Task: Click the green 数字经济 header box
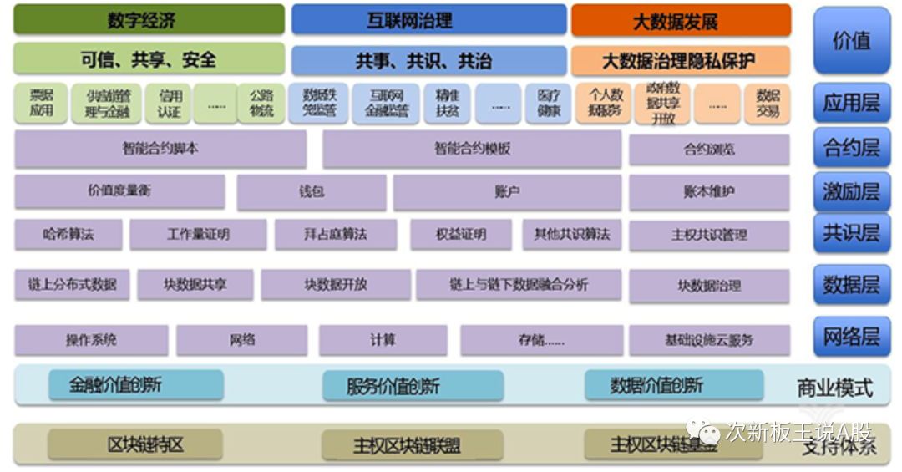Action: (x=149, y=20)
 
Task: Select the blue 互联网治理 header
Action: (x=428, y=20)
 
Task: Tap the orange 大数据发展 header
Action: (x=681, y=20)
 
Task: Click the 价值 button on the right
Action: (x=852, y=40)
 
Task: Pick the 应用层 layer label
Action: (x=852, y=103)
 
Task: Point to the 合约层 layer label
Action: (x=852, y=148)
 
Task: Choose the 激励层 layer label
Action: (x=852, y=191)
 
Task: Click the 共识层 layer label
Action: (x=852, y=233)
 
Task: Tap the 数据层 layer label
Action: (x=852, y=284)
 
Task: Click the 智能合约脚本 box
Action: (x=160, y=150)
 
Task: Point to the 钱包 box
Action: (x=312, y=192)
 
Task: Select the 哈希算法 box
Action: (x=68, y=235)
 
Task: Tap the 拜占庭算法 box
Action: (x=336, y=235)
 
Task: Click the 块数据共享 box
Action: (x=195, y=285)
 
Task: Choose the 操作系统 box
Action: (x=91, y=340)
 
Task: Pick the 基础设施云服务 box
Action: (x=709, y=340)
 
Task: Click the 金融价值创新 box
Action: (x=135, y=385)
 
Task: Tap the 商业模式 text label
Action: (x=835, y=388)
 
